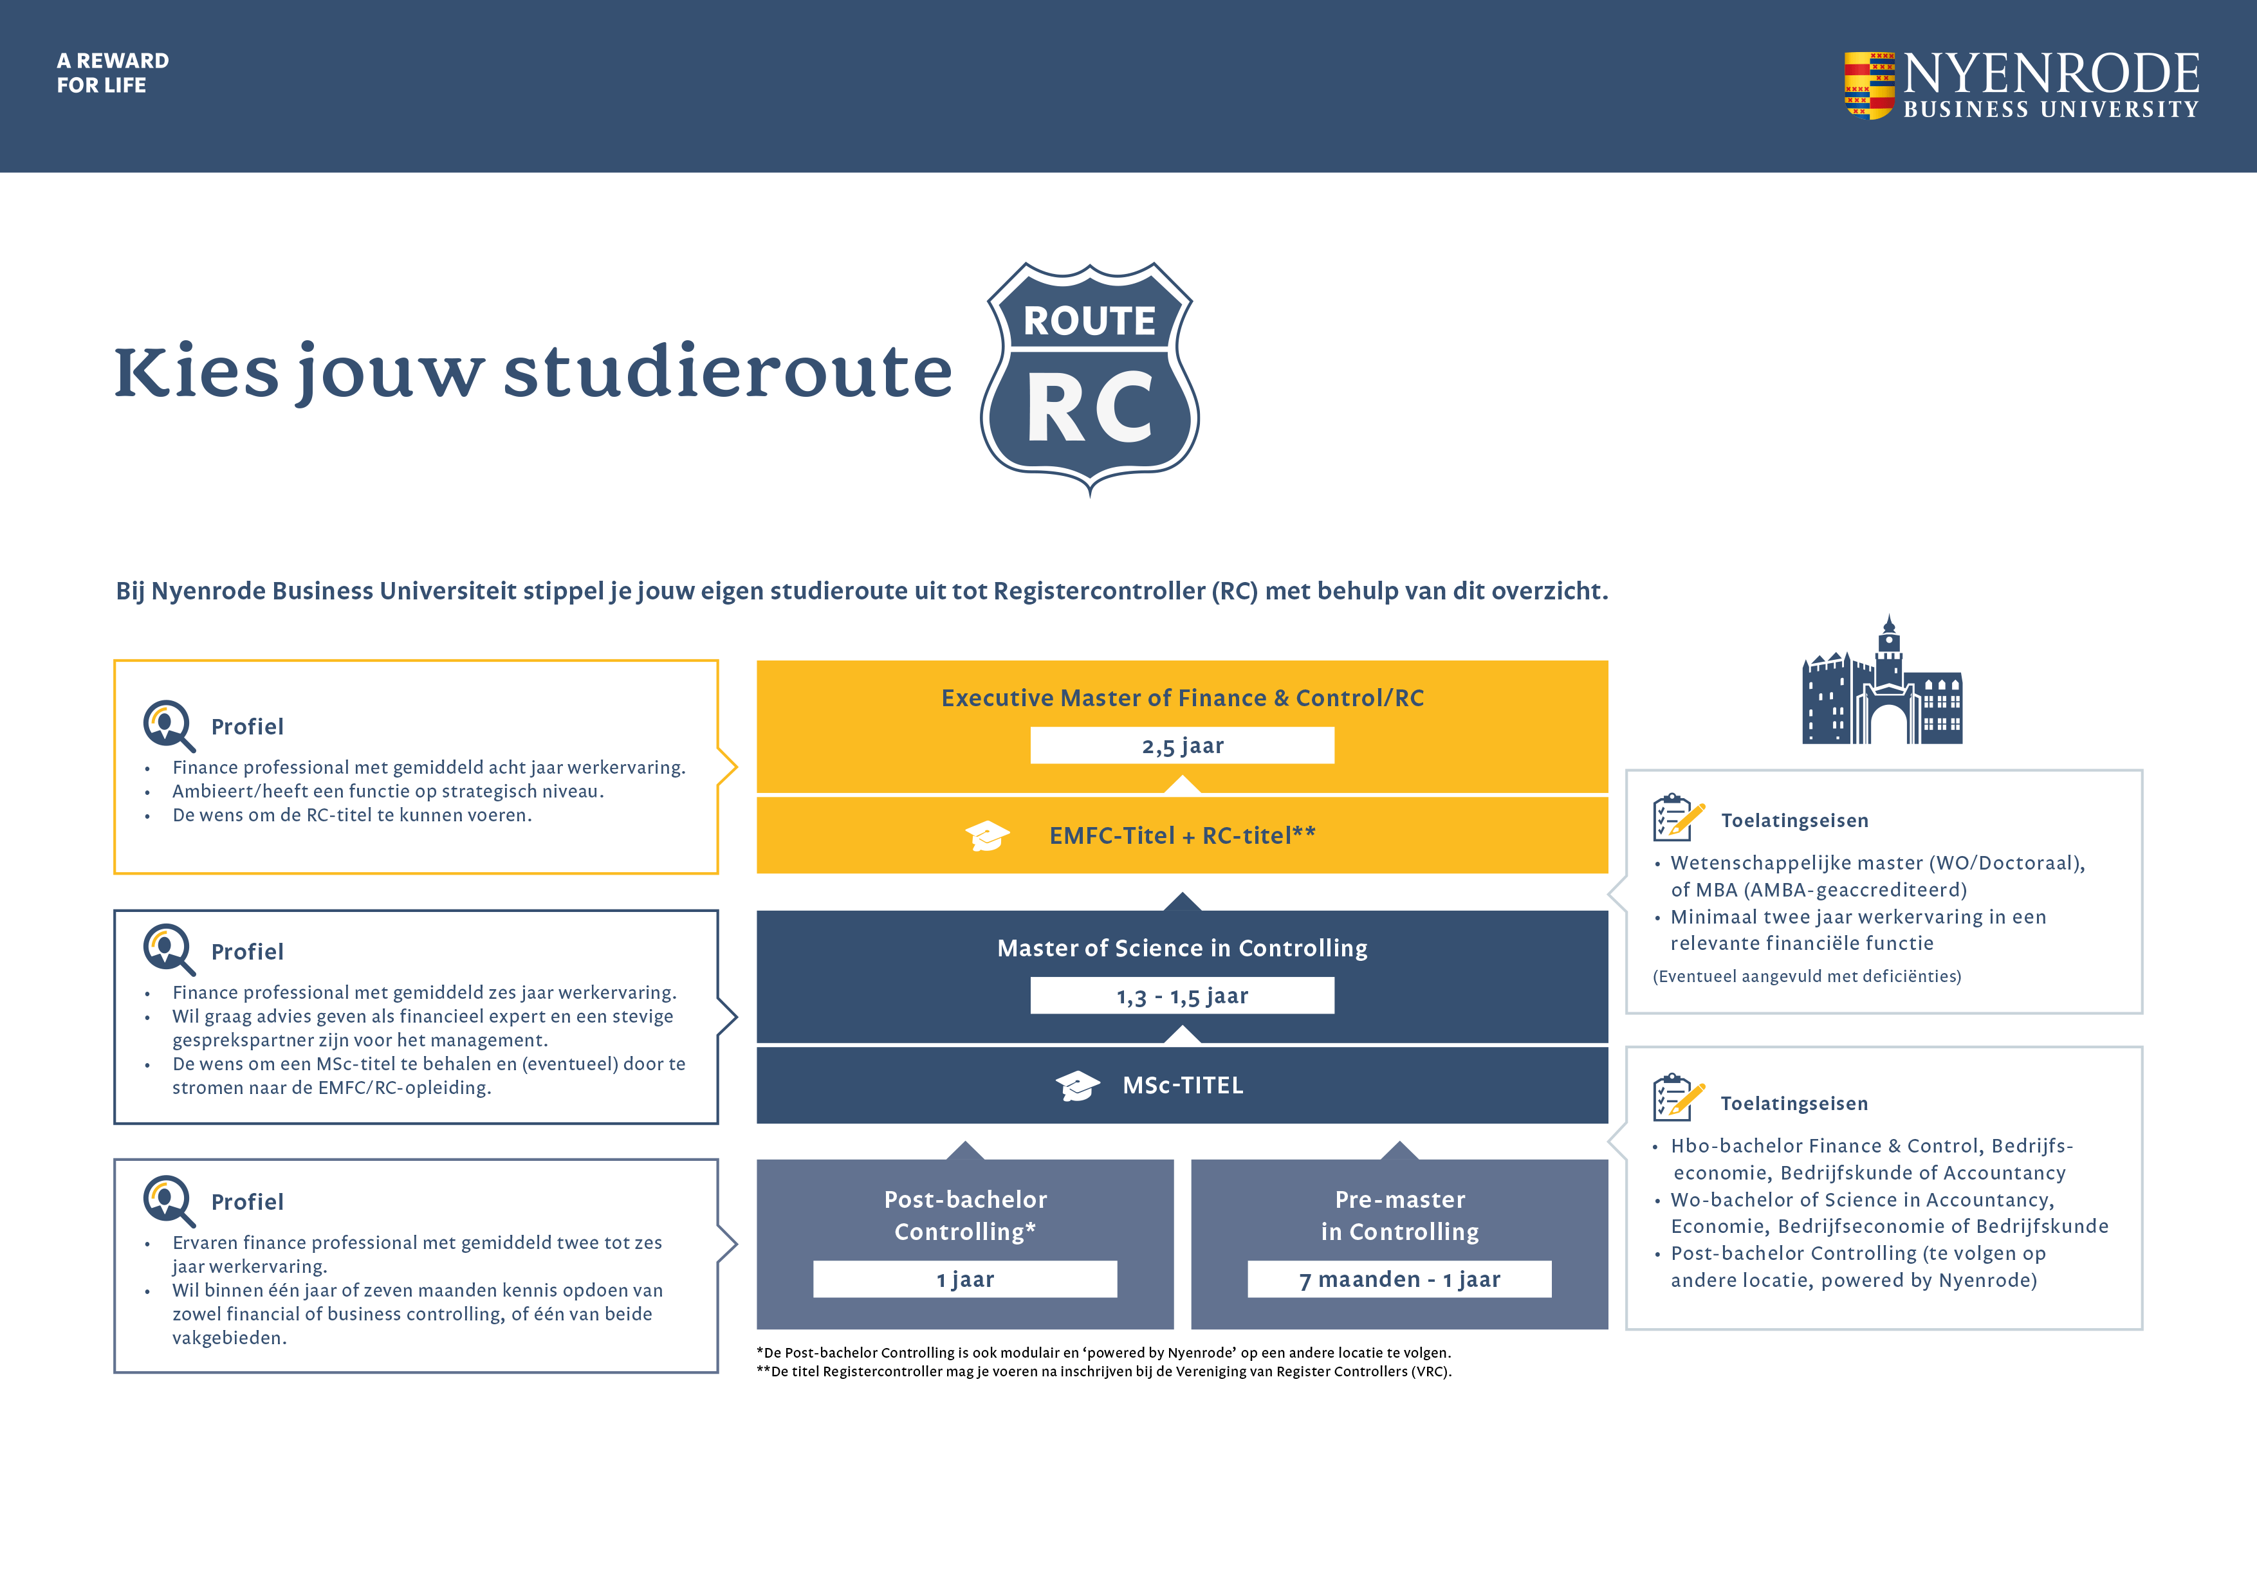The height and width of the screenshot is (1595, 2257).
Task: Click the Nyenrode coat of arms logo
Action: (x=1868, y=86)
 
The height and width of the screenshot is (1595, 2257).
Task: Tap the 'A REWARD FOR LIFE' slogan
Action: (x=112, y=73)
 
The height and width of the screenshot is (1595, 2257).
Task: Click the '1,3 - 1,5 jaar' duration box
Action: (x=1182, y=996)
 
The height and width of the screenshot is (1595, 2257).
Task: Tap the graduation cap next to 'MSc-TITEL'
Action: (x=1078, y=1085)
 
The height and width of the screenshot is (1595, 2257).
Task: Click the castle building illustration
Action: (x=1881, y=683)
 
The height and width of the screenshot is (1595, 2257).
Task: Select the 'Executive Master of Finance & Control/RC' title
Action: (x=1182, y=698)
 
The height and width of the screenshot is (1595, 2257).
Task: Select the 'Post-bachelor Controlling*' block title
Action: (x=964, y=1216)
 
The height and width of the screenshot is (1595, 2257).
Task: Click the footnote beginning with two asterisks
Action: (x=1103, y=1372)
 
